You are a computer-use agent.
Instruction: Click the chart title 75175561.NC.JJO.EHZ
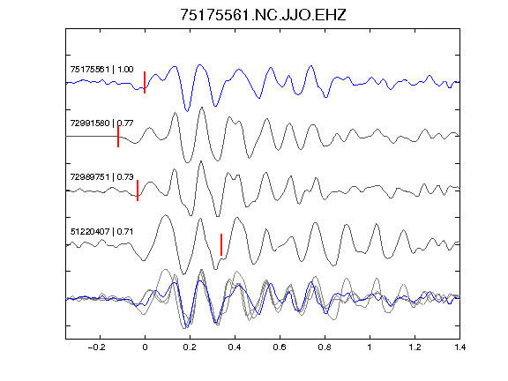point(263,15)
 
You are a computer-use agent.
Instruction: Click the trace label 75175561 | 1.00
point(101,70)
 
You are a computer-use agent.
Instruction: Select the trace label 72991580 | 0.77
point(101,123)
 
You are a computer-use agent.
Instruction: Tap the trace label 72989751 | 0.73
point(101,177)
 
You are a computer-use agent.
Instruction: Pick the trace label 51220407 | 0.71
point(101,232)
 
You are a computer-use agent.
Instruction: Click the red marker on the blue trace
point(145,82)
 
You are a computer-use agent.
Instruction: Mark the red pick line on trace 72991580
point(118,137)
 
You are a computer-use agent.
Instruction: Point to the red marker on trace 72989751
point(138,190)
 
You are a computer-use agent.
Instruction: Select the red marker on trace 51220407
point(221,244)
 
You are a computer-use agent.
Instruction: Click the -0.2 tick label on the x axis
point(97,347)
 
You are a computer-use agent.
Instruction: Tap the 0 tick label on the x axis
point(145,347)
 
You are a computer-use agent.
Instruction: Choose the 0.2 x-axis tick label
point(190,347)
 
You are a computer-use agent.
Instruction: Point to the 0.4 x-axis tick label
point(235,347)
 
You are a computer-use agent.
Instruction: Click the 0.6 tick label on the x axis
point(280,347)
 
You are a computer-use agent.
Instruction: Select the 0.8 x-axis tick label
point(325,347)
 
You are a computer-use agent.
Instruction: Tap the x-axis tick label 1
point(370,347)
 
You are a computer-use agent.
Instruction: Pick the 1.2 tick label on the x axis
point(415,347)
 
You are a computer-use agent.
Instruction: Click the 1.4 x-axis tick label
point(459,347)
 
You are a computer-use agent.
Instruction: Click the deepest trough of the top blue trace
point(187,111)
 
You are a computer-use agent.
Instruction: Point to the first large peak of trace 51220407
point(166,215)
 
